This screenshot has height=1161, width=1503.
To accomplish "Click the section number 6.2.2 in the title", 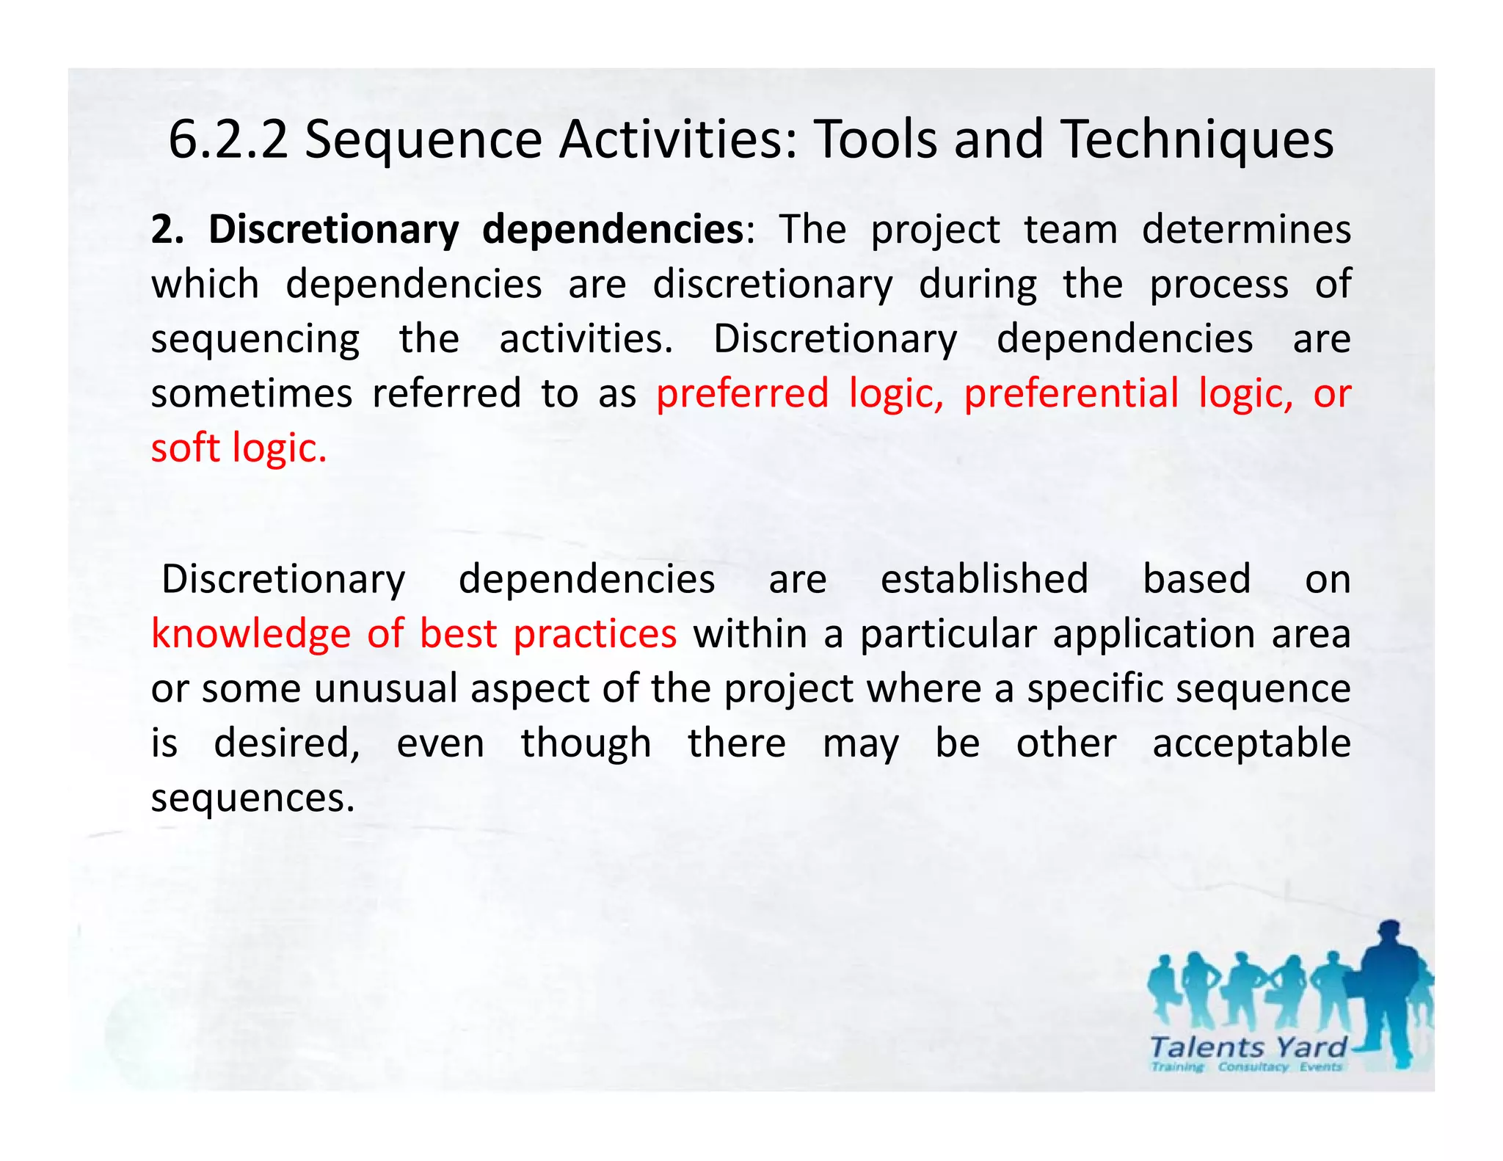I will tap(228, 139).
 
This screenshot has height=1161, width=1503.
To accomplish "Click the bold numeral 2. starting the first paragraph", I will tap(167, 230).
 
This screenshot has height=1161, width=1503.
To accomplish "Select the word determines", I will tap(1246, 230).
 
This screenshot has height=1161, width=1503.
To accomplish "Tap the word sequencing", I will tap(255, 340).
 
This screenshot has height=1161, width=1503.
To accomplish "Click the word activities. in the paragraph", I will tap(586, 339).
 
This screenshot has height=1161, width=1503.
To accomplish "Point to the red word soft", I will tap(185, 448).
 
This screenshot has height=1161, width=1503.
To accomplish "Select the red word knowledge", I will tap(251, 634).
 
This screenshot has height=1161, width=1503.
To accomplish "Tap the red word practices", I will tap(594, 634).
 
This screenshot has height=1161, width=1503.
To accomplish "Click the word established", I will tap(984, 579).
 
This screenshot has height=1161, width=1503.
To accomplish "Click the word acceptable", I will tap(1251, 743).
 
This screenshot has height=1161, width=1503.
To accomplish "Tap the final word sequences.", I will tap(252, 798).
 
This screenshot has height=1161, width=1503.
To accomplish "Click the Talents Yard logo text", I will tap(1248, 1047).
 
